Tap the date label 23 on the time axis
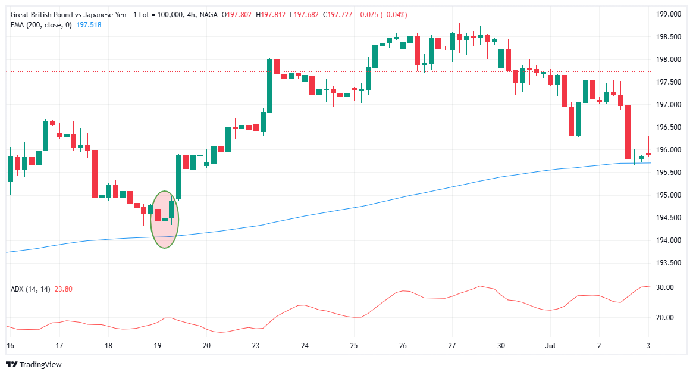point(256,345)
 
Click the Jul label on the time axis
point(550,345)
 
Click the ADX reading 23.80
point(63,289)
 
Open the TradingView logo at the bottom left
point(34,364)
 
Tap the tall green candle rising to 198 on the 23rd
point(269,85)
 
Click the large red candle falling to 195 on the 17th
point(95,173)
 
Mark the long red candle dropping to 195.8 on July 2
point(628,132)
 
